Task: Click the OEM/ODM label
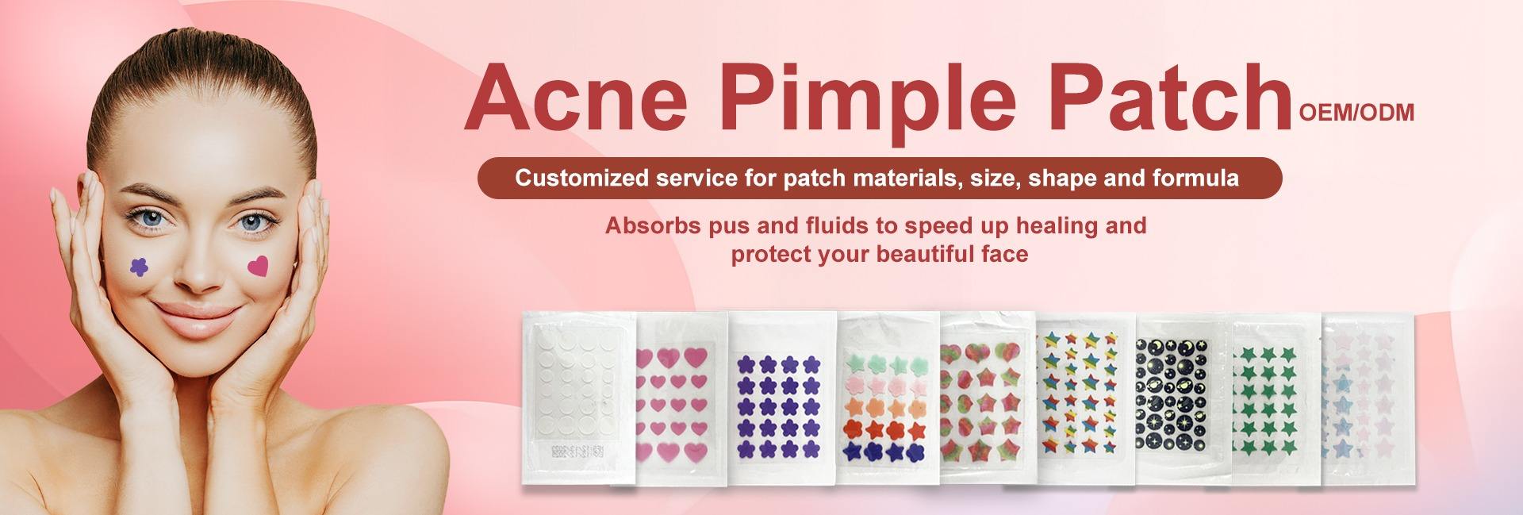1356,113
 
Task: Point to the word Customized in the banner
582,178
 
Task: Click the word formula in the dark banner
1194,177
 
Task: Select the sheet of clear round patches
577,397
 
